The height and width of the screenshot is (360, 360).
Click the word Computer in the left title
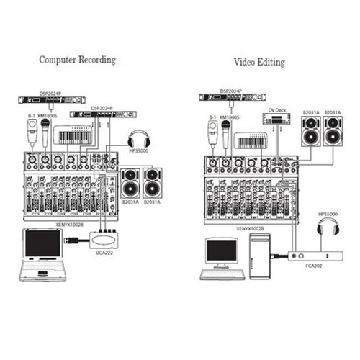click(x=58, y=60)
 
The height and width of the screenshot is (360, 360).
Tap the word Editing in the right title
click(x=271, y=62)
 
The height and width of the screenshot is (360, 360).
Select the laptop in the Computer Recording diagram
click(x=42, y=255)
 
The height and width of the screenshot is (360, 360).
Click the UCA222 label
click(x=104, y=253)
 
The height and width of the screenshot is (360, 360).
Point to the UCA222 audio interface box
click(x=104, y=240)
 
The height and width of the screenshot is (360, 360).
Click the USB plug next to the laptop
click(x=71, y=240)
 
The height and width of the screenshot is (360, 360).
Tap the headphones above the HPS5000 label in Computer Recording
click(x=139, y=139)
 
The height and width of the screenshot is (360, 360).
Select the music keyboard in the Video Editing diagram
click(x=251, y=140)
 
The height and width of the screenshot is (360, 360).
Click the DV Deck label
click(x=277, y=110)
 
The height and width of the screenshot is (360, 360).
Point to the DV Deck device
click(x=276, y=119)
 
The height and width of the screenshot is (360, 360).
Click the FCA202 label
click(x=314, y=266)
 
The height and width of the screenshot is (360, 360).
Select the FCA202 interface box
click(x=315, y=256)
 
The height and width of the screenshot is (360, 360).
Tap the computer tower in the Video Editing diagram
click(x=260, y=256)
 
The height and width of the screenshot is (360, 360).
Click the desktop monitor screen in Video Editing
click(x=222, y=251)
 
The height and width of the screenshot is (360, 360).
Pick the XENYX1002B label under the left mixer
click(x=70, y=225)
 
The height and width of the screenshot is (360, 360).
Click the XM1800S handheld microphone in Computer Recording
click(x=45, y=133)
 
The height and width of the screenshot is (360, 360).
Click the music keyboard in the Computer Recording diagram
click(x=73, y=135)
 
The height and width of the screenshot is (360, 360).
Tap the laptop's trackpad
click(x=42, y=274)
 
